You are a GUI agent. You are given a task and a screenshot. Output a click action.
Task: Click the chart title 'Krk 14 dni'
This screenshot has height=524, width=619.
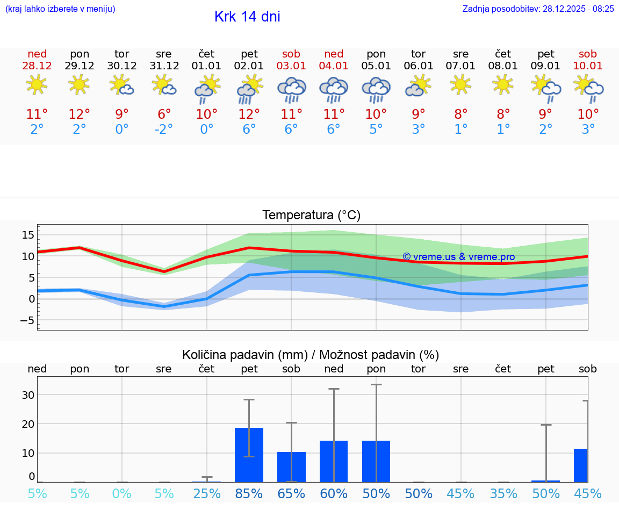tap(247, 17)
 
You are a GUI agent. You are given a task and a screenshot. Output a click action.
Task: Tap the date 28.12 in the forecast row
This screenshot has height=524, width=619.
tap(37, 66)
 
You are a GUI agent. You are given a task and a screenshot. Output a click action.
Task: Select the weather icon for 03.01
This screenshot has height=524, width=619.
tap(291, 89)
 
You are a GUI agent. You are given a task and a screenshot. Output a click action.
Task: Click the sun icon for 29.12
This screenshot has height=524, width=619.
tap(80, 85)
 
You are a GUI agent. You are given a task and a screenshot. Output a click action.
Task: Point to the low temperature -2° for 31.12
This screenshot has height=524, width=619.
tap(164, 130)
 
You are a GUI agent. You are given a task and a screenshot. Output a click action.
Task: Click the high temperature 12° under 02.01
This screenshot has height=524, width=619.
tap(249, 114)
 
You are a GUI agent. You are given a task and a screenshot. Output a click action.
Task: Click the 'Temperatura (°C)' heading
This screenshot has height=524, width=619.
tap(311, 216)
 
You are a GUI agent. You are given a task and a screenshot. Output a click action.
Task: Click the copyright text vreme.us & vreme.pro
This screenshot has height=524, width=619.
tap(458, 257)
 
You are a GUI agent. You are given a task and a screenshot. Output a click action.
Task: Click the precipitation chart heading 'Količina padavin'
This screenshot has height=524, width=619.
tap(311, 355)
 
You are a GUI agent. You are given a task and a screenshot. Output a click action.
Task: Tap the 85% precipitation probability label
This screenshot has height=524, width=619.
tap(249, 494)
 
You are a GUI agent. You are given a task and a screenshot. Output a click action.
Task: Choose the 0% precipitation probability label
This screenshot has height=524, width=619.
tap(121, 494)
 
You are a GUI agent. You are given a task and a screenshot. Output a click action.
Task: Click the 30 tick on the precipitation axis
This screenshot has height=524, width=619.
tap(28, 395)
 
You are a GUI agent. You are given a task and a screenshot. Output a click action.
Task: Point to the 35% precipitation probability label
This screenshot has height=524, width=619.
tap(503, 494)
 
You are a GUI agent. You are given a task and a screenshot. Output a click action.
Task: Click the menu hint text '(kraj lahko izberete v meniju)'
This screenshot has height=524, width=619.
tap(60, 9)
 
